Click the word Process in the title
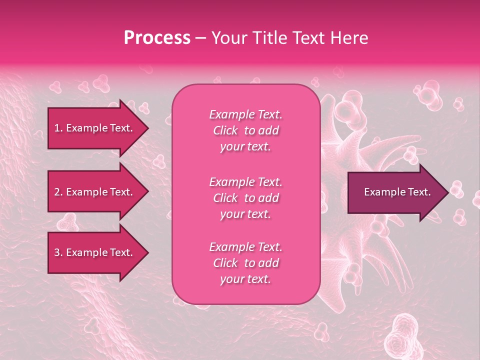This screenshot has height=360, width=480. click(x=157, y=38)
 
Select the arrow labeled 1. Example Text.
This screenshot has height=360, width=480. click(x=95, y=128)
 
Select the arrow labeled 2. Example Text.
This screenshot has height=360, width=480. click(x=95, y=192)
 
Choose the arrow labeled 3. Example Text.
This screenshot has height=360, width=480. click(x=95, y=252)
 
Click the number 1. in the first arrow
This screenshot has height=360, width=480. click(x=58, y=128)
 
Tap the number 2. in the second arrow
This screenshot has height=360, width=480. click(x=58, y=192)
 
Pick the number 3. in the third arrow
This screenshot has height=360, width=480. click(x=58, y=252)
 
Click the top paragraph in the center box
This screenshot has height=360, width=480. click(x=245, y=130)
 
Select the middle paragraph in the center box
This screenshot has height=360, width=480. click(x=245, y=198)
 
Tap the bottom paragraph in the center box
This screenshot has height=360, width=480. click(x=245, y=263)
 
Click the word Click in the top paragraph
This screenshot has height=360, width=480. click(x=225, y=131)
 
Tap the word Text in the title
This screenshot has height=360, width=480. click(x=309, y=38)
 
